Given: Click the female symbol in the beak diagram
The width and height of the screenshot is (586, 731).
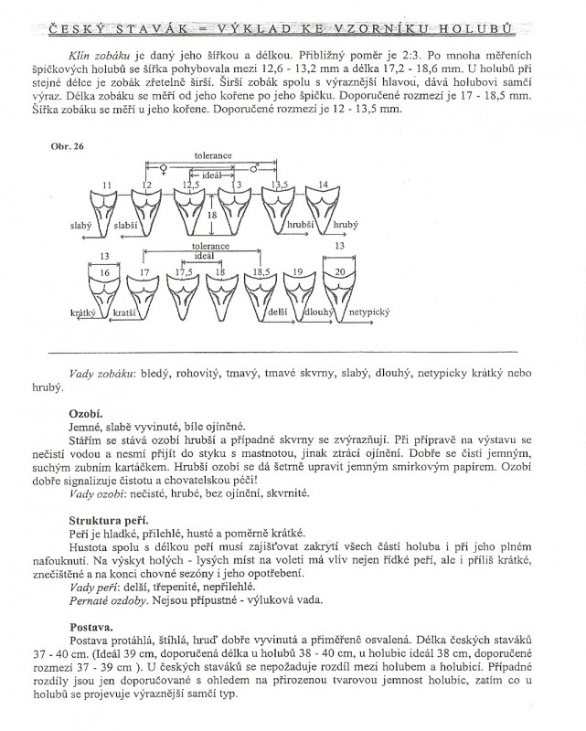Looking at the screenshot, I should (x=165, y=168).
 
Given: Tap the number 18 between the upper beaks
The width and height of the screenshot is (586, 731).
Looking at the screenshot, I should (x=212, y=215).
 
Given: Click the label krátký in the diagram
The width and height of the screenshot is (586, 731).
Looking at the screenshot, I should (x=82, y=313).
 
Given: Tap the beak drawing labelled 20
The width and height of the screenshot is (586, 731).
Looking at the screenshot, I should (x=339, y=292).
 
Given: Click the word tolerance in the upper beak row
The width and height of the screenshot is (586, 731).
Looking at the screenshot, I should (x=212, y=155).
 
